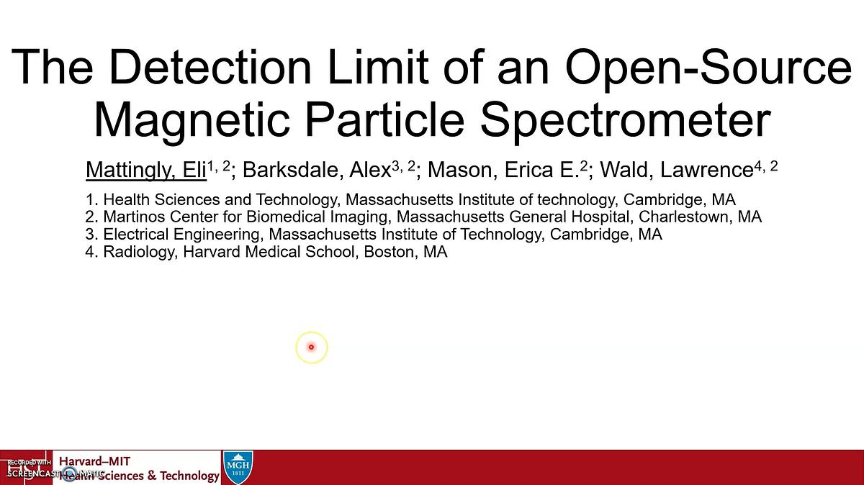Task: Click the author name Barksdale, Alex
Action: (x=317, y=171)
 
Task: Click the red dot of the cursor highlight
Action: (x=312, y=347)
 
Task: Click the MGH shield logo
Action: (x=238, y=466)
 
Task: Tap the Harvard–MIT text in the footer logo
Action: (x=94, y=461)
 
